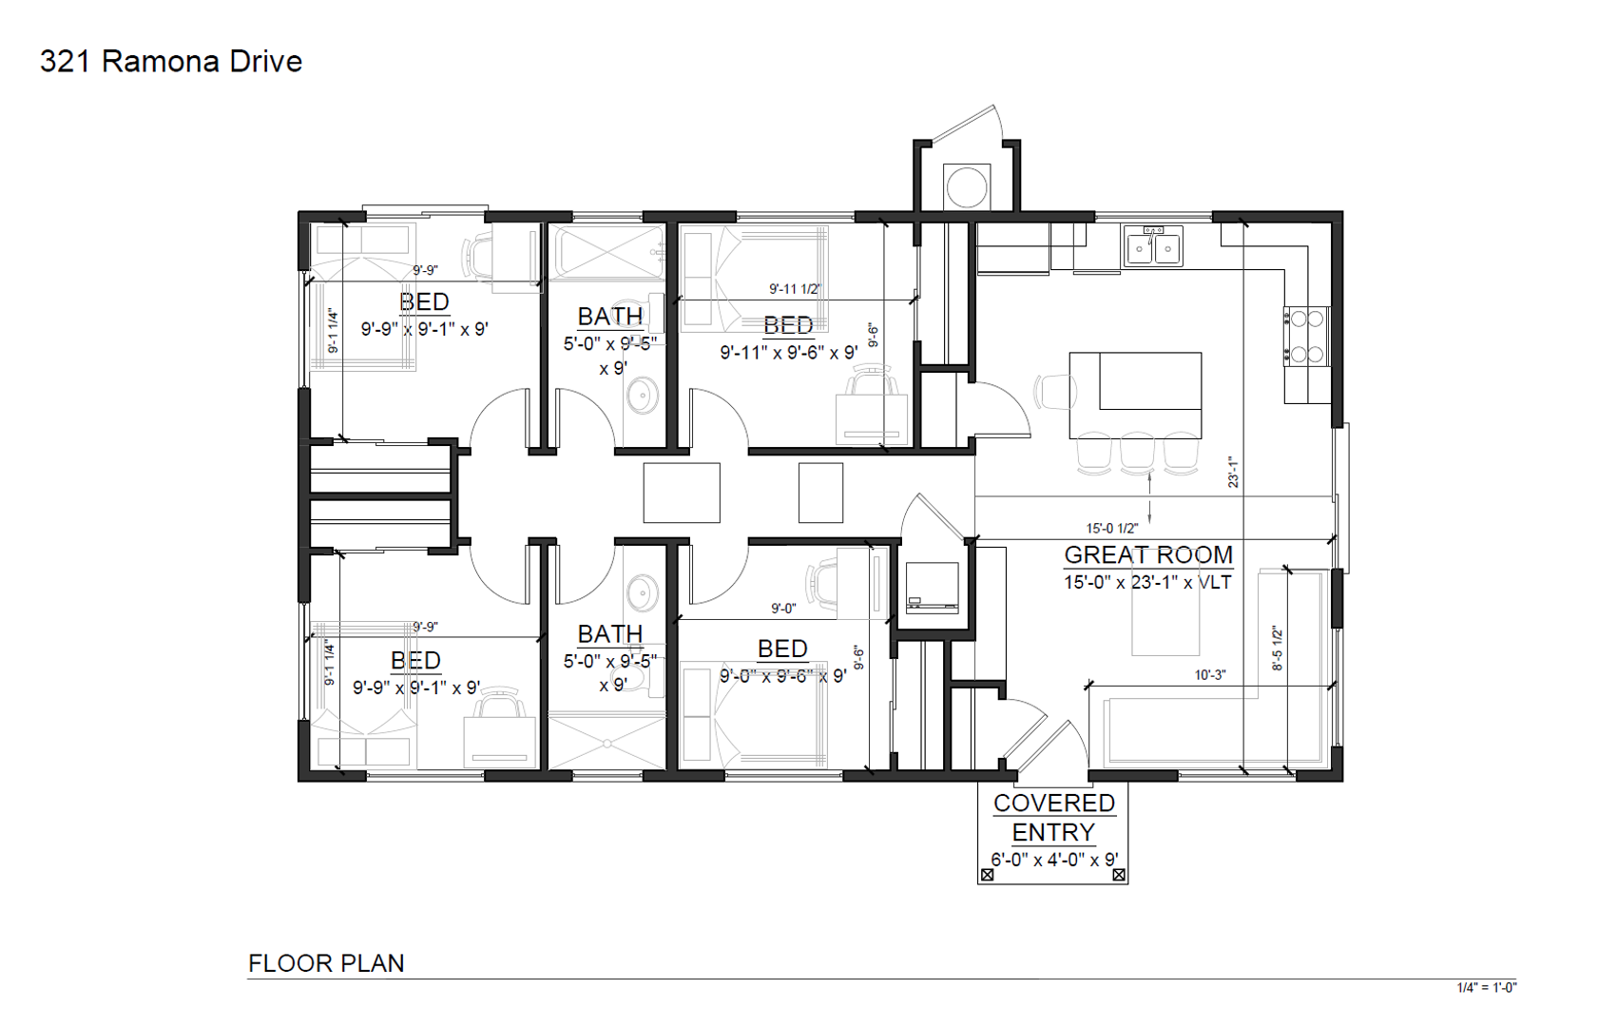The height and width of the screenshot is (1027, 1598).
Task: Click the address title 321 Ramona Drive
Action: (171, 62)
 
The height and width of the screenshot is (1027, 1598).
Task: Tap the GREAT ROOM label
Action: (1148, 554)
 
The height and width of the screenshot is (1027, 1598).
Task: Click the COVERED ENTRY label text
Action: (1053, 818)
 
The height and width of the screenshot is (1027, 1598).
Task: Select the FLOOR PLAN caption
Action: (326, 963)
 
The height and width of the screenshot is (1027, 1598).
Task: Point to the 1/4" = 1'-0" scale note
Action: (1487, 988)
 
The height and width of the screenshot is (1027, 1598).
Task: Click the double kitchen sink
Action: (1153, 246)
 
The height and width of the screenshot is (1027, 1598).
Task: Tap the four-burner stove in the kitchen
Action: (1307, 336)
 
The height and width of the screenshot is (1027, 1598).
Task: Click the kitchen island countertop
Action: (1135, 395)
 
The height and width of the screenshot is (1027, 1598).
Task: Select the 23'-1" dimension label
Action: (1234, 473)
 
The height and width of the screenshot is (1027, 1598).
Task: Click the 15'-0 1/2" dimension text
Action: (1112, 529)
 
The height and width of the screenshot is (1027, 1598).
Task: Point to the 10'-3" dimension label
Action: (1211, 674)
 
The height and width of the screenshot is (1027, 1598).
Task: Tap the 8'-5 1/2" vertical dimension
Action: (1277, 649)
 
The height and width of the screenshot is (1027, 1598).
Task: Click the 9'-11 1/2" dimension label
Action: (795, 289)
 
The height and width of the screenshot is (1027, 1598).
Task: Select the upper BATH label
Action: (610, 316)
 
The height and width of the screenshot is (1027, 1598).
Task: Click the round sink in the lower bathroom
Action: (643, 591)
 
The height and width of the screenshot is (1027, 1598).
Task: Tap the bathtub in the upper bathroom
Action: (610, 252)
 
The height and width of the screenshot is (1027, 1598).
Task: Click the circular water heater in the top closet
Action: (967, 187)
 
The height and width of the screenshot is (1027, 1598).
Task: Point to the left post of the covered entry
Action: (988, 875)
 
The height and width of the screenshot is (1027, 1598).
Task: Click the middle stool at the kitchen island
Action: (1137, 453)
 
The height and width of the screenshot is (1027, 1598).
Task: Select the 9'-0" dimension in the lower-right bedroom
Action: (783, 609)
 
